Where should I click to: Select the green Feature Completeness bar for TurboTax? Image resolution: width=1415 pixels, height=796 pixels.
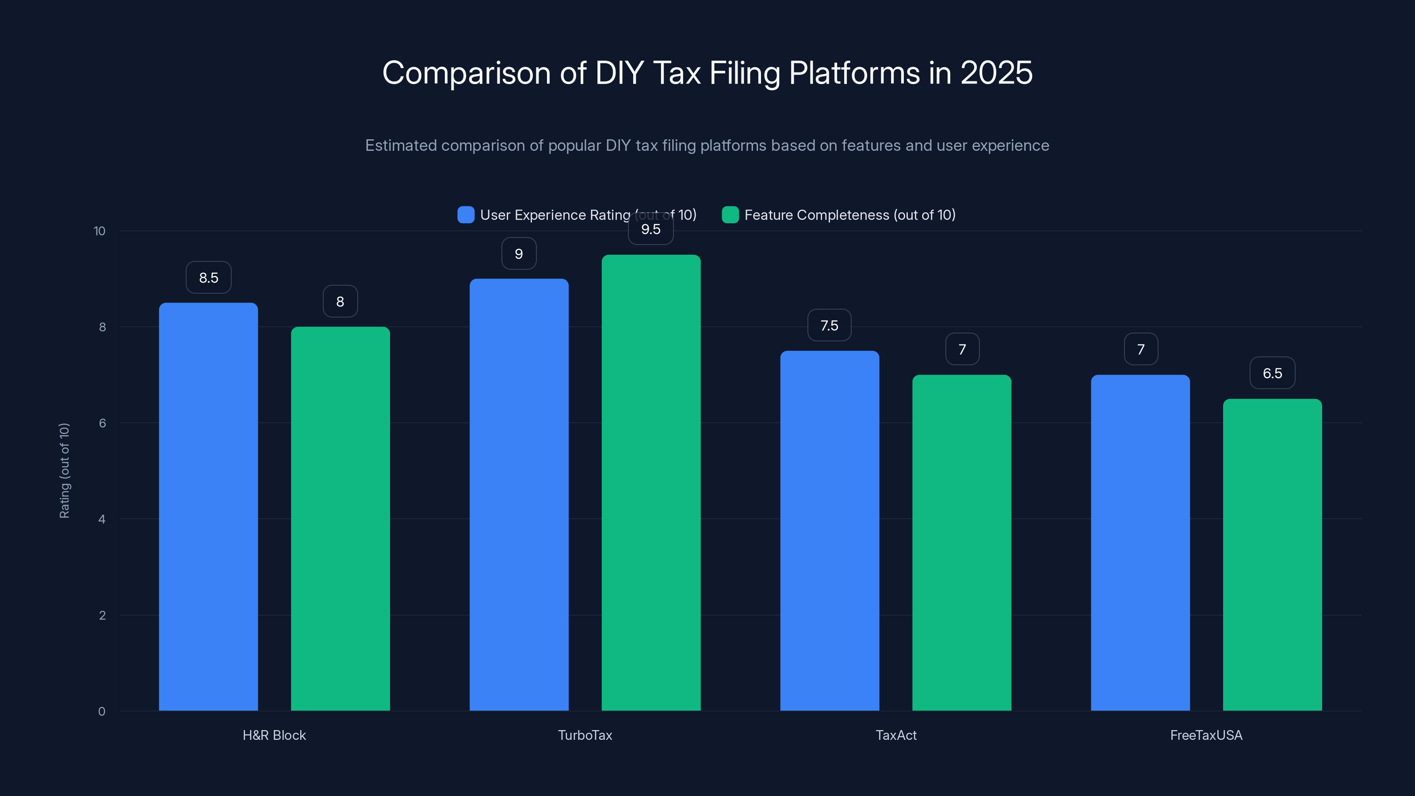click(x=651, y=482)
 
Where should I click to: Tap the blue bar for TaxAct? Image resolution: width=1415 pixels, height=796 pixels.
click(x=830, y=530)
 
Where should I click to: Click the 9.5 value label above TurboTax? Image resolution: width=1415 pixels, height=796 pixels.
click(x=651, y=230)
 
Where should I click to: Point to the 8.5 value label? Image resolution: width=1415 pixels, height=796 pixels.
click(x=208, y=277)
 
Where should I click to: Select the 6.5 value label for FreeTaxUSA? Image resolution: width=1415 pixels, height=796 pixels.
click(x=1272, y=373)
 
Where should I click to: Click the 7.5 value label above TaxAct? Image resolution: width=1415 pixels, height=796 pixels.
click(x=830, y=325)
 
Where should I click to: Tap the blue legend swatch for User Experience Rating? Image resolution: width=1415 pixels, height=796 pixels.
click(x=466, y=215)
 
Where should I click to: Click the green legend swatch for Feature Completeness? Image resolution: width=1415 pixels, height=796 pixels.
click(x=730, y=215)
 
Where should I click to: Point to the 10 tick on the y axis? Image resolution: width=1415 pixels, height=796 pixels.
click(x=99, y=231)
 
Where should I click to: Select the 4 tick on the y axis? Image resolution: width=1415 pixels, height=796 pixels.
click(x=102, y=519)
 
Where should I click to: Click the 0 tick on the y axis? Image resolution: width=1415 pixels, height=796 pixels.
click(x=102, y=712)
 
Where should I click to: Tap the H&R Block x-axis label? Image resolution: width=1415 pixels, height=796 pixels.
click(x=274, y=735)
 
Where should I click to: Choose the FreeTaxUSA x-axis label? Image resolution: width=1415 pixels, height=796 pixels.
click(x=1206, y=735)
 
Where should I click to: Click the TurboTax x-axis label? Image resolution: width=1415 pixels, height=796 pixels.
click(x=585, y=735)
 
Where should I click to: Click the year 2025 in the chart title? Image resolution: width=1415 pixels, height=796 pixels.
click(x=996, y=73)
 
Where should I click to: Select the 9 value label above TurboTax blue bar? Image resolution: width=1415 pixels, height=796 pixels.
click(x=519, y=254)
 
